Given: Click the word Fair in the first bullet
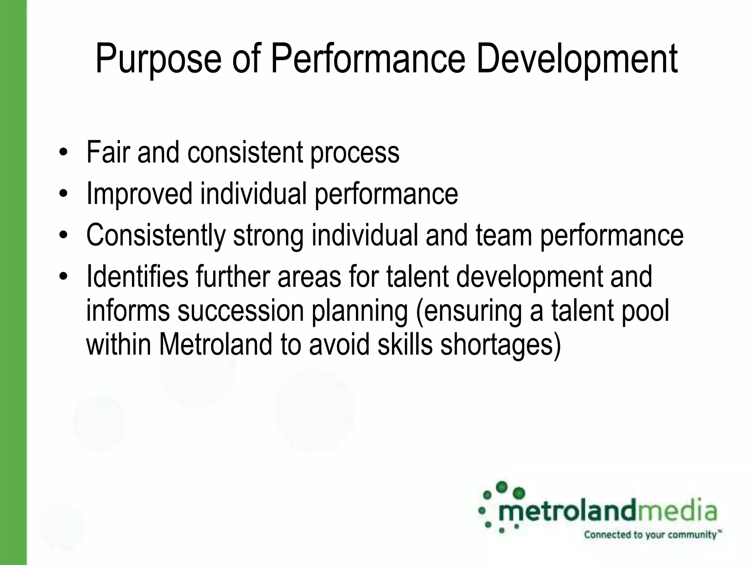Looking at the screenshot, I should click(108, 152).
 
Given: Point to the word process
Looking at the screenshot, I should click(355, 154).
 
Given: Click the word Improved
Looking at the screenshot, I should click(139, 194).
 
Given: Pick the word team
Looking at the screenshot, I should click(504, 235).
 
